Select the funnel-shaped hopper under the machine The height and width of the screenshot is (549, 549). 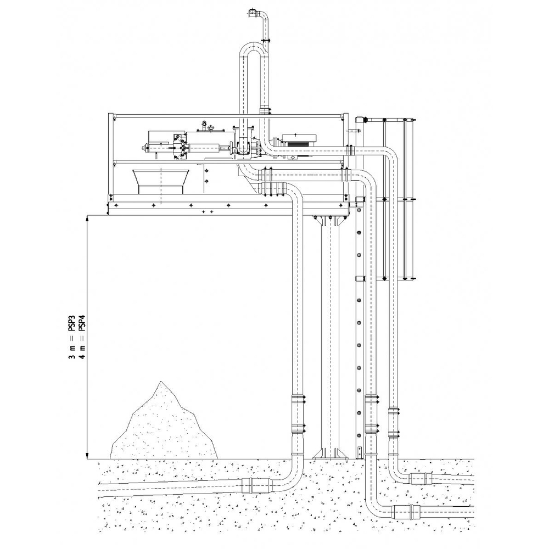pos(161,181)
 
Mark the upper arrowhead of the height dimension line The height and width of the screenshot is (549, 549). pos(87,219)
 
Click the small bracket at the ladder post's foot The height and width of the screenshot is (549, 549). pos(360,453)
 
